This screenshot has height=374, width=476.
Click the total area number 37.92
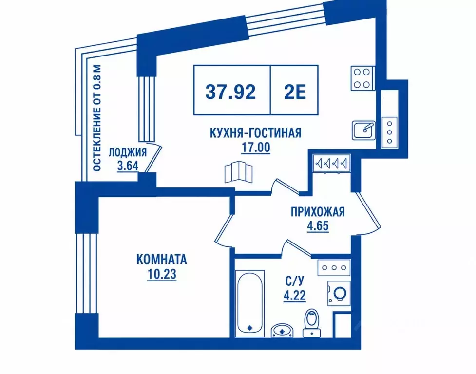230,92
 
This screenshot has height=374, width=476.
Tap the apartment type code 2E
294,92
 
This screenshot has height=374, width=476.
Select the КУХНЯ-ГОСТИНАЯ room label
256,133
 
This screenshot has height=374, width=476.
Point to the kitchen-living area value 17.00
256,148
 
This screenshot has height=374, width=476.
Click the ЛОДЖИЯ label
128,152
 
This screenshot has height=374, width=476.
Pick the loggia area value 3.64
128,166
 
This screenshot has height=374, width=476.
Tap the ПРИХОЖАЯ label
318,212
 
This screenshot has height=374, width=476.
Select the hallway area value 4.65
318,226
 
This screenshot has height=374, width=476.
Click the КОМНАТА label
161,260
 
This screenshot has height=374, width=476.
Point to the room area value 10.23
161,274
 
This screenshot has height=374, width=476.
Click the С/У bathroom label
294,281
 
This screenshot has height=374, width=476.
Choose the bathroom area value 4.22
294,295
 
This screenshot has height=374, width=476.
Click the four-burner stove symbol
362,78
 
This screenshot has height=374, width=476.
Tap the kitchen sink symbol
363,131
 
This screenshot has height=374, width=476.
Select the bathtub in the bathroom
250,303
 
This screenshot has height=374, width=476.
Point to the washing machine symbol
339,293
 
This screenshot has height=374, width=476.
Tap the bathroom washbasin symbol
282,331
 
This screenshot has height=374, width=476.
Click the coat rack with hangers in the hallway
332,164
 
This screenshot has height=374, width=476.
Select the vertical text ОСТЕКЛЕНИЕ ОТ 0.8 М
97,118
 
